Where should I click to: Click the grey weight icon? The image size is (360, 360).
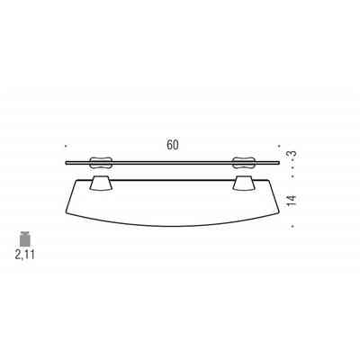[x=24, y=238]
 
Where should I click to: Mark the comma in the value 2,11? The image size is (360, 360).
[x=23, y=257]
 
